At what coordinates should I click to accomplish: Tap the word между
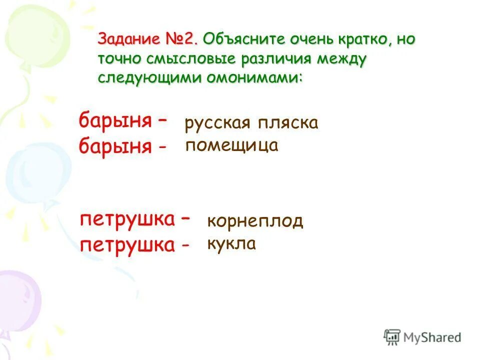tap(342, 58)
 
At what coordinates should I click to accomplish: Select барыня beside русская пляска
tap(115, 121)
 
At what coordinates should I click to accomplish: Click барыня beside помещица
tap(115, 146)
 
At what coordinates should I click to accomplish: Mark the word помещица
tap(232, 146)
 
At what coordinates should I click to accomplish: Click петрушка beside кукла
tap(127, 244)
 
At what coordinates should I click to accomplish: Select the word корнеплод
tap(255, 221)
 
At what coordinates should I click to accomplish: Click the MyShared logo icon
tap(392, 337)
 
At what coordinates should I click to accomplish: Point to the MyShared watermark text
tap(432, 337)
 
